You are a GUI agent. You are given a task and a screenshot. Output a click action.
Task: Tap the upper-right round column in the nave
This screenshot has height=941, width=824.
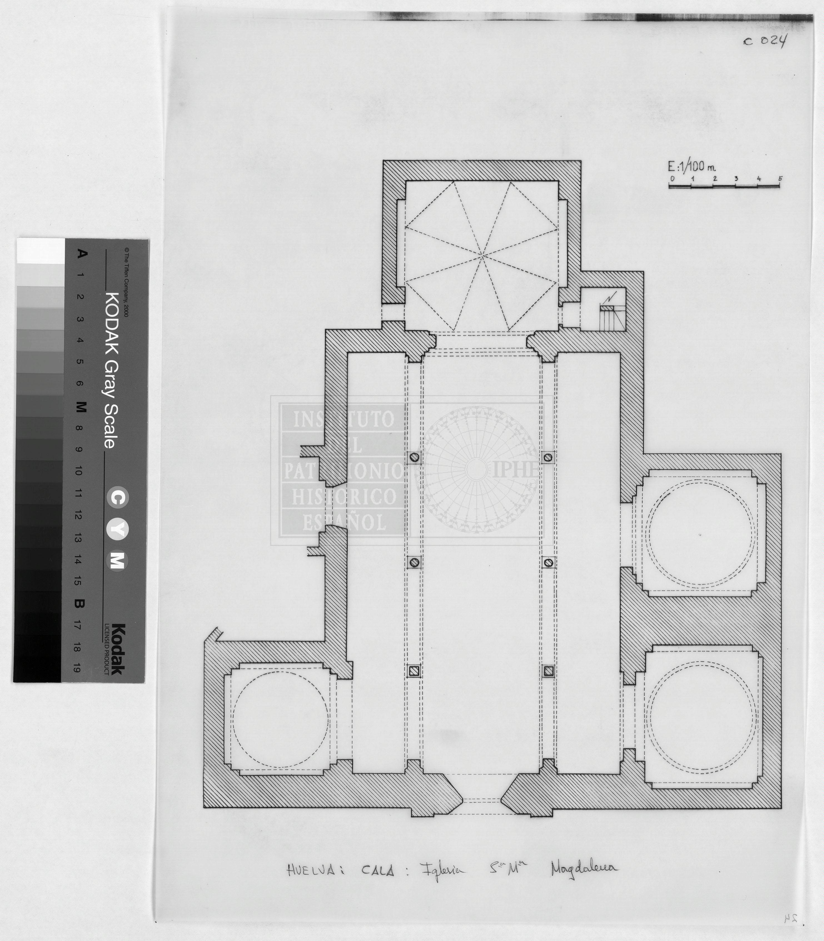click(548, 457)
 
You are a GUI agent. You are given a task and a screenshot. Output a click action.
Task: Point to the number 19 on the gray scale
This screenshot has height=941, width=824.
click(77, 668)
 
